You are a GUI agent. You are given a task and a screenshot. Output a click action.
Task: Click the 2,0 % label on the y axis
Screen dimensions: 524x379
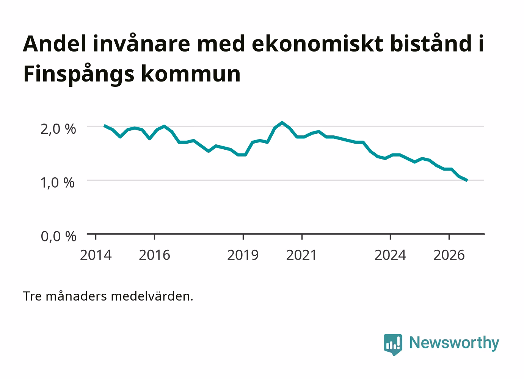coord(58,129)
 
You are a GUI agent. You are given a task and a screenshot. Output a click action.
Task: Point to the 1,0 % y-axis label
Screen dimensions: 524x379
coord(58,183)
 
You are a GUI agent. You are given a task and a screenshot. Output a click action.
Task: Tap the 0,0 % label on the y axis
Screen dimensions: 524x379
coord(58,236)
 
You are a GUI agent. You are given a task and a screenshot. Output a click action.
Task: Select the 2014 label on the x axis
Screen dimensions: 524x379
coord(96,255)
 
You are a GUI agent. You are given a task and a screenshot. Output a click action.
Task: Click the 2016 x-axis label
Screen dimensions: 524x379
coord(154,255)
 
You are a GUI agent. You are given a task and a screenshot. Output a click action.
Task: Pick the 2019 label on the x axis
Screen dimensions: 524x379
coord(243,255)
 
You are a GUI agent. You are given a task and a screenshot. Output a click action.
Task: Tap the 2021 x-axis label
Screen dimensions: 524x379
coord(301,255)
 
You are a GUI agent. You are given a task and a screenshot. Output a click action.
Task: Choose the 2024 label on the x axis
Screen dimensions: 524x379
coord(390,255)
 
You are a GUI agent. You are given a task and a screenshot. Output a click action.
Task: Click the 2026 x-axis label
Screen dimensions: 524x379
coord(449,255)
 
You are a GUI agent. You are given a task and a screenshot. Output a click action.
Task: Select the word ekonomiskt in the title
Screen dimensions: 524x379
coord(318,44)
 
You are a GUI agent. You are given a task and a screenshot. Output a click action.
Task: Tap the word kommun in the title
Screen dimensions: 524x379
coord(191,74)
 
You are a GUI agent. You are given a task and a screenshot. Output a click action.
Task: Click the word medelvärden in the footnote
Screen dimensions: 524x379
coord(152,296)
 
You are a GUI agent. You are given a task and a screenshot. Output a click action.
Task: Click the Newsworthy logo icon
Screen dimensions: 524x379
coord(393,345)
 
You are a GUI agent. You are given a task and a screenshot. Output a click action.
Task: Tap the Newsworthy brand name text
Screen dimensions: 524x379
coord(454,343)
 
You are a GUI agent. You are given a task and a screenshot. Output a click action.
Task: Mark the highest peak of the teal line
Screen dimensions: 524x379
coord(282,122)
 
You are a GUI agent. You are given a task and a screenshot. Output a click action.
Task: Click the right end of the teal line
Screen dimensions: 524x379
coord(467,180)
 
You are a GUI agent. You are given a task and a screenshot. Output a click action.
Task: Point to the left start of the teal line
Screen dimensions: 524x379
coord(104,125)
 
